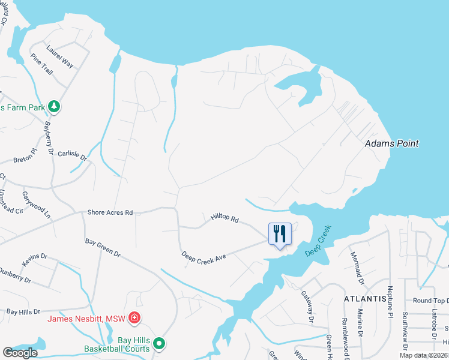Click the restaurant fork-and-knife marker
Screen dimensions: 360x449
click(279, 234)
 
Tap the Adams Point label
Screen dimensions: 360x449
click(392, 144)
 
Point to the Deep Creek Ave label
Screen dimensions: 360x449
click(204, 256)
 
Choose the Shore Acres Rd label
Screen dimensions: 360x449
click(110, 212)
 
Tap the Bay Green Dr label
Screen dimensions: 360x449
click(103, 248)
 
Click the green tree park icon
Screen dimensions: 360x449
click(55, 106)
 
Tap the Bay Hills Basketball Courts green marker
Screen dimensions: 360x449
click(159, 344)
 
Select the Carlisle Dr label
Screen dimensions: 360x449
click(73, 156)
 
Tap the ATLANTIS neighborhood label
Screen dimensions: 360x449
click(365, 298)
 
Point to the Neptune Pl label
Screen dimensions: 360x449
click(390, 305)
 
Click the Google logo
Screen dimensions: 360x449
click(20, 353)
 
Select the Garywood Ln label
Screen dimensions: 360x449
click(37, 205)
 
